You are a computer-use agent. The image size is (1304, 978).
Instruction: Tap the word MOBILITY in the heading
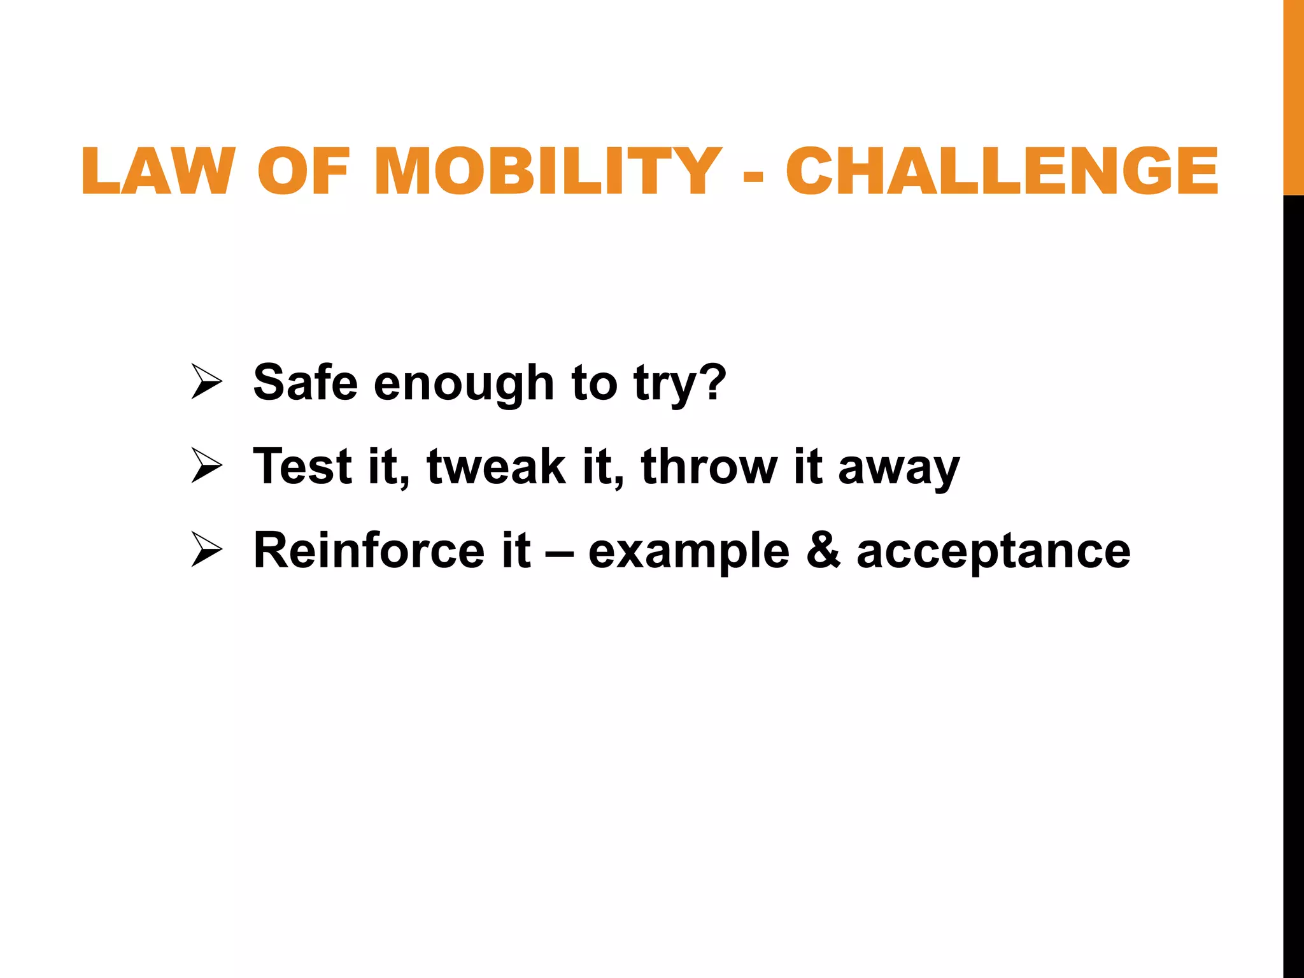[548, 171]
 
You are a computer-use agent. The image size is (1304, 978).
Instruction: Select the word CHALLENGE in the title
[1002, 171]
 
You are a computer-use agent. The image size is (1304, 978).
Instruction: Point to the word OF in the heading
[304, 171]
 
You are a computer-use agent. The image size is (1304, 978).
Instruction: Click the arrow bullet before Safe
[206, 382]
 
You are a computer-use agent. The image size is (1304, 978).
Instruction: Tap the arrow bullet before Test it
[206, 465]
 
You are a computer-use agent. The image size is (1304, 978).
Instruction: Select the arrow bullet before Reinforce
[206, 549]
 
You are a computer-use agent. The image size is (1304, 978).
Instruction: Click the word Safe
[305, 382]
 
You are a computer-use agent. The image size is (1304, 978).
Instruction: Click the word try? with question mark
[679, 383]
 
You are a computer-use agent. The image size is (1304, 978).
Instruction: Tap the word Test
[302, 465]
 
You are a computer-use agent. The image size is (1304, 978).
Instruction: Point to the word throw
[709, 465]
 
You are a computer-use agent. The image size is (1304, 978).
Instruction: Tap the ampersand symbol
[823, 549]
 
